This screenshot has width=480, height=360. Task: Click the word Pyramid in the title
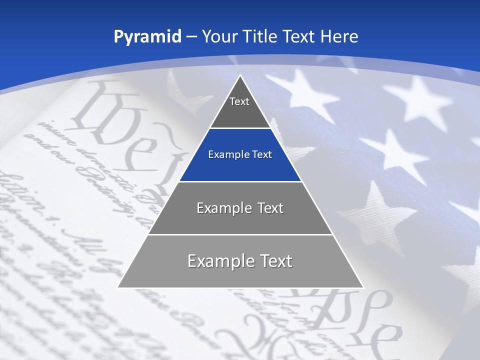pyautogui.click(x=147, y=37)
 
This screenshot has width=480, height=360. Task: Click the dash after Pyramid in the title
pyautogui.click(x=191, y=37)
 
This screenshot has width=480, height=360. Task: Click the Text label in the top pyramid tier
pyautogui.click(x=239, y=101)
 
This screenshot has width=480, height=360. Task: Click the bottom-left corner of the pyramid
pyautogui.click(x=118, y=287)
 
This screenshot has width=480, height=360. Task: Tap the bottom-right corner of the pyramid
pyautogui.click(x=363, y=287)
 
